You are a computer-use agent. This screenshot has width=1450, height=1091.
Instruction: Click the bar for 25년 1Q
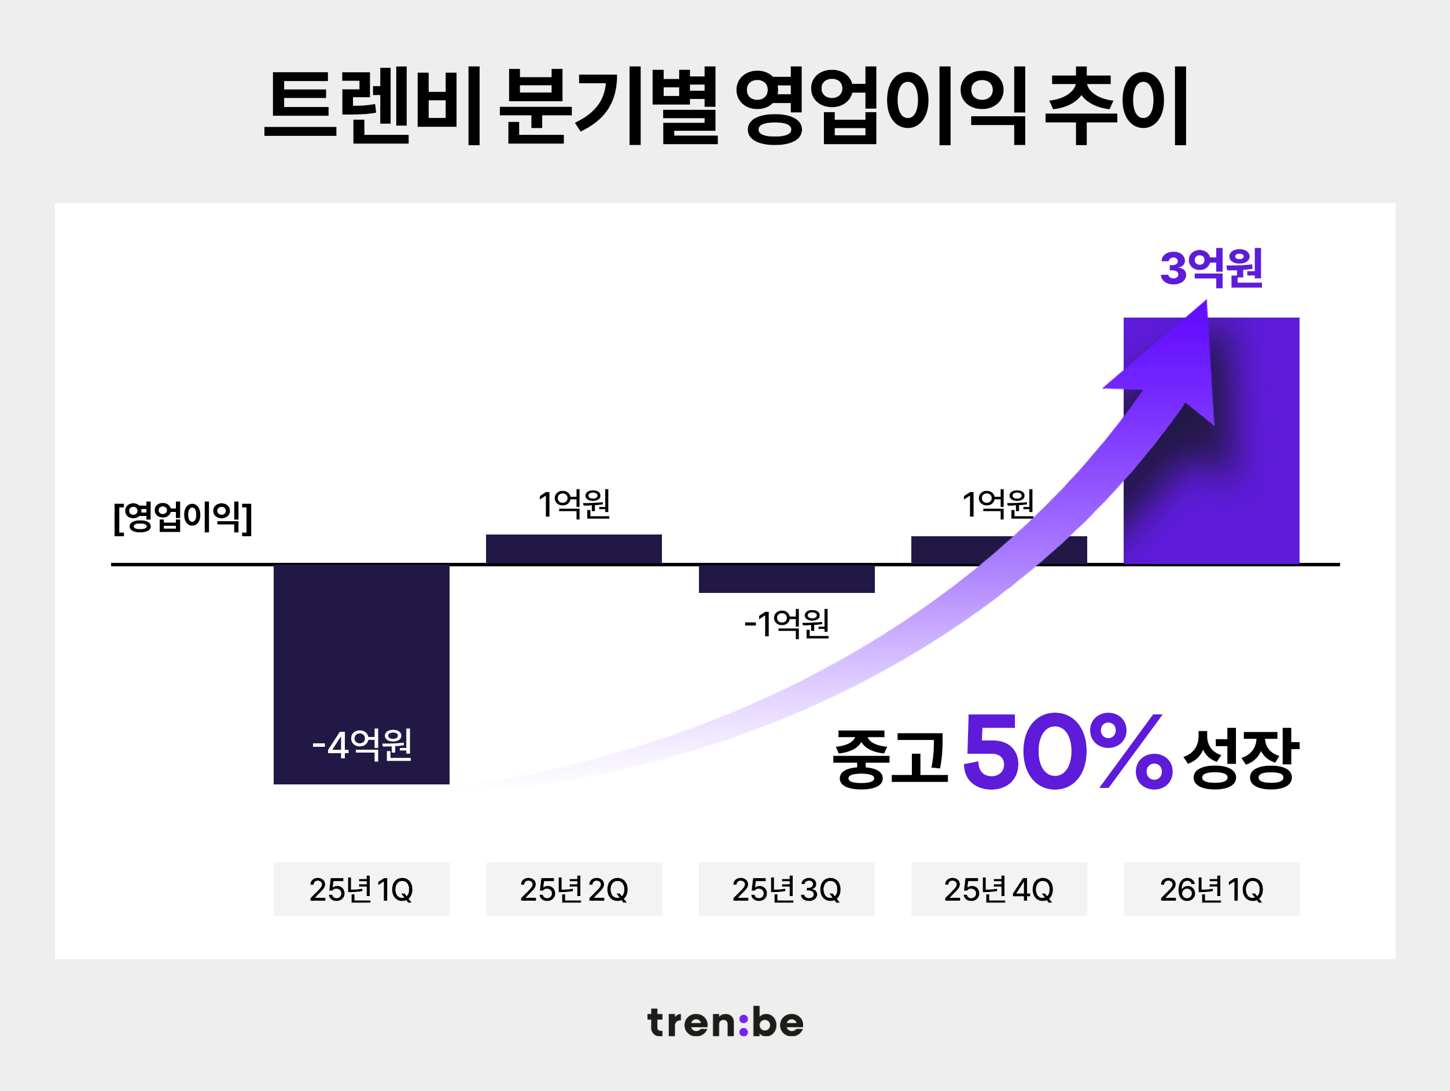[x=361, y=655]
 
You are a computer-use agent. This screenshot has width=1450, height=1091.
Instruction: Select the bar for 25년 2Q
[x=573, y=548]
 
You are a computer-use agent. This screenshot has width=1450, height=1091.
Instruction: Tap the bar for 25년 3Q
[x=786, y=578]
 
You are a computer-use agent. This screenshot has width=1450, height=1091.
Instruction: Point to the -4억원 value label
[x=362, y=745]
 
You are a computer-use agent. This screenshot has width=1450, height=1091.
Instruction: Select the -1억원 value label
[x=786, y=623]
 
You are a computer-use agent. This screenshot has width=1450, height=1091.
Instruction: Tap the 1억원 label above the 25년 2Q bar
[x=573, y=504]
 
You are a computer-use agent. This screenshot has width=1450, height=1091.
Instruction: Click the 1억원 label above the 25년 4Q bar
[x=998, y=504]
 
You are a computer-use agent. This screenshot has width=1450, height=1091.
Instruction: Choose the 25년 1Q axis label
[x=361, y=889]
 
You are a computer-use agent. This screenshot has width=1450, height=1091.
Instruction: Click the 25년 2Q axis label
[x=573, y=889]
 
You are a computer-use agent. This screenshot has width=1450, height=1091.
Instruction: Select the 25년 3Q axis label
[x=786, y=889]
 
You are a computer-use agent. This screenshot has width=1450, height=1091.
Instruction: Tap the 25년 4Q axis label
[x=998, y=889]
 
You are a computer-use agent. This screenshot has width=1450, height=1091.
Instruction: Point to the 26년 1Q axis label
[x=1212, y=889]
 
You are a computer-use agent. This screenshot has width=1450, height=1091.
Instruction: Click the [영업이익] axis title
[x=182, y=518]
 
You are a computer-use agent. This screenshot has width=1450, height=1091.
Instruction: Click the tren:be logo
[x=725, y=1023]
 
